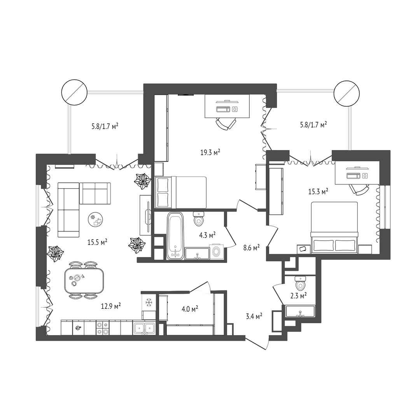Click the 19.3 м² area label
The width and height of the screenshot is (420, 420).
pos(210,153)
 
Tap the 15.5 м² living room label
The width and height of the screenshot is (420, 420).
pos(97,242)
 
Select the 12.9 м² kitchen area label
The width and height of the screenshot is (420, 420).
pos(110,306)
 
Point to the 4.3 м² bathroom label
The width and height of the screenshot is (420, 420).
pos(207,235)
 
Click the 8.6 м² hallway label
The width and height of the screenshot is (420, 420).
pos(251,247)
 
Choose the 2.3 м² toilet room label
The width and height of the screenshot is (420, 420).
pos(298,296)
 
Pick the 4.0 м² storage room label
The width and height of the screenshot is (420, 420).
pos(190,309)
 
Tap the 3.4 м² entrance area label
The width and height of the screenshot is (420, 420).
pos(254,316)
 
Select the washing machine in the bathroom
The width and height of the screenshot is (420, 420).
pos(217,251)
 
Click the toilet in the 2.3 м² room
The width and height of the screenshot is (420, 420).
pos(300,283)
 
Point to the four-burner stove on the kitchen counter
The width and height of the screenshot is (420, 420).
pos(103,328)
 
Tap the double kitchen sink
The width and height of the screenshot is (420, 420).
pos(144,327)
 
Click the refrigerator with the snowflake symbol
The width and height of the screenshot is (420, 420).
pos(149,303)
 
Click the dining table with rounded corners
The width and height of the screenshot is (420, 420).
pos(84,281)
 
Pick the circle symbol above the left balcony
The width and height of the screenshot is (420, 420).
pos(74,93)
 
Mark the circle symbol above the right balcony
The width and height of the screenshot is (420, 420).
pos(346,93)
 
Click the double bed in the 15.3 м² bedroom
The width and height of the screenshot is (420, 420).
pos(334,227)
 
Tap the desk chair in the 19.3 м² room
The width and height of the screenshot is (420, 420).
pos(226,124)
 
